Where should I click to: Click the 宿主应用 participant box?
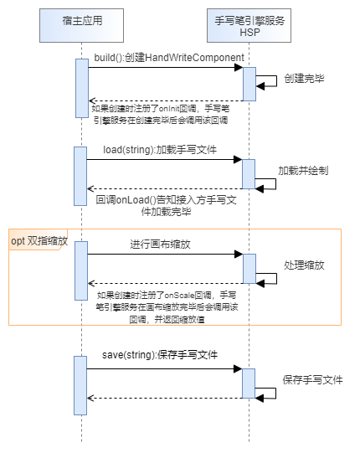[81, 25]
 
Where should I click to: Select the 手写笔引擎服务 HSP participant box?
[249, 25]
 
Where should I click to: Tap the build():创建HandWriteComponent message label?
[169, 58]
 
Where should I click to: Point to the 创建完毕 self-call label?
[304, 79]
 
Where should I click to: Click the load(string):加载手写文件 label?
[160, 150]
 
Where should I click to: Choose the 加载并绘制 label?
[303, 171]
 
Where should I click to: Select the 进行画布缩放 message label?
[160, 245]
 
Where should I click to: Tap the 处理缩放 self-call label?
[304, 265]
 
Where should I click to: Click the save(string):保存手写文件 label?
[160, 355]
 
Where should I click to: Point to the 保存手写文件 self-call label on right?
[312, 379]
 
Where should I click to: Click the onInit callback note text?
[161, 115]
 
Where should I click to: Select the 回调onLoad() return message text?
[166, 205]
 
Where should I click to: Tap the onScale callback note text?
[167, 307]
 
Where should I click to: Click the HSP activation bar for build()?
[249, 84]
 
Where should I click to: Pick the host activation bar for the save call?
[80, 385]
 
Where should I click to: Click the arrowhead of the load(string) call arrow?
[238, 159]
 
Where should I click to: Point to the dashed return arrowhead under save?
[90, 398]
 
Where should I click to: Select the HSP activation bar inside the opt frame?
[249, 269]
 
